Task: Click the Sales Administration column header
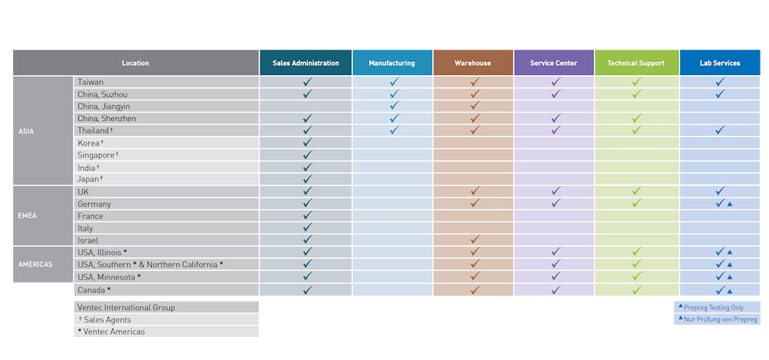point(306,63)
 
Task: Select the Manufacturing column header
point(391,63)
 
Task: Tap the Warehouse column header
point(473,63)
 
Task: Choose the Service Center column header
point(554,63)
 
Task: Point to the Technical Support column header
point(636,63)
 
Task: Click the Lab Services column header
point(720,63)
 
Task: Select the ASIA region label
point(26,131)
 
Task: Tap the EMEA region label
point(27,216)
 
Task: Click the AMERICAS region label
point(35,264)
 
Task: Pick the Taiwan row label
point(90,82)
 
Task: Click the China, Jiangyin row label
point(103,106)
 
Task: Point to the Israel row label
point(87,241)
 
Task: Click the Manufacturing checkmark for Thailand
point(394,130)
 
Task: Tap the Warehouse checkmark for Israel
point(475,240)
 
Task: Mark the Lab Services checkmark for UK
point(720,191)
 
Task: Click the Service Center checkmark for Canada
point(556,290)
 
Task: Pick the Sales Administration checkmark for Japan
point(308,178)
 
